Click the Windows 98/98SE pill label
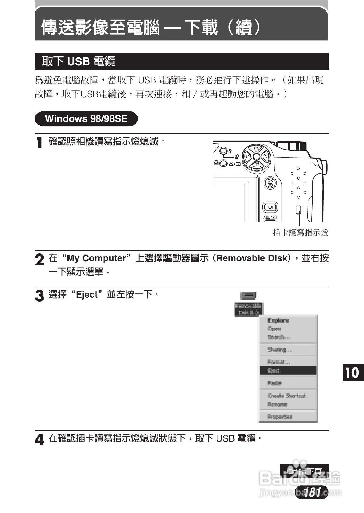[86, 119]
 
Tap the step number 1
[39, 143]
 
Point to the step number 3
[39, 296]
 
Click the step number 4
[39, 440]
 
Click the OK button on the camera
[270, 183]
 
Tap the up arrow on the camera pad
[257, 148]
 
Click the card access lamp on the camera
[298, 209]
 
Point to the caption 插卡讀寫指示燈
[300, 233]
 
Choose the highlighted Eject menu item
[288, 370]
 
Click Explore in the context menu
[278, 320]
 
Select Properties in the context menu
[280, 417]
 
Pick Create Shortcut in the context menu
[287, 396]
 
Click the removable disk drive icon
[249, 296]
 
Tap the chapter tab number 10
[353, 373]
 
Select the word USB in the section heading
[78, 61]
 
